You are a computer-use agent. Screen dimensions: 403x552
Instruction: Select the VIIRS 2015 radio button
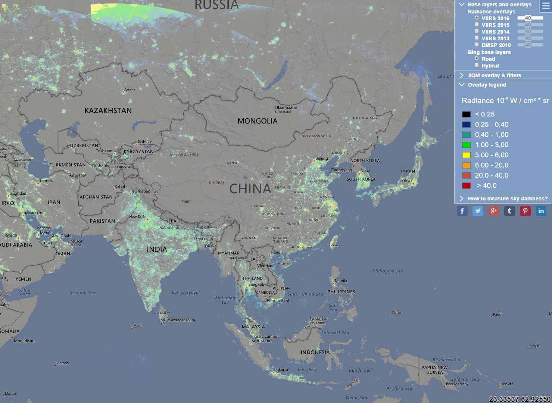(x=477, y=25)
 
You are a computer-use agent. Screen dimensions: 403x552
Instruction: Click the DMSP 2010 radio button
(x=477, y=45)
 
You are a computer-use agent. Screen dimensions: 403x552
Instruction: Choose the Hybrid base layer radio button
(x=477, y=65)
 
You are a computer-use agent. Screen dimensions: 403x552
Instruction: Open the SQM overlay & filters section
(x=494, y=75)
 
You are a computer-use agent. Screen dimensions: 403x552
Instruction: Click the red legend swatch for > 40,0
(x=466, y=185)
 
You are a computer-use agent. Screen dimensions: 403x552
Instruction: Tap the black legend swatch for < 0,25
(x=466, y=114)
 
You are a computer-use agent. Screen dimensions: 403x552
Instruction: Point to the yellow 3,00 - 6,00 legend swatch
(x=466, y=155)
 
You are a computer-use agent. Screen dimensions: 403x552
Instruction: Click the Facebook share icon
(x=462, y=211)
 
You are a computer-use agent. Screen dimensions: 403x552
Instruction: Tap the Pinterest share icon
(x=525, y=211)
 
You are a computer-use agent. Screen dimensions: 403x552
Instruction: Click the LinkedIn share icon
(x=541, y=211)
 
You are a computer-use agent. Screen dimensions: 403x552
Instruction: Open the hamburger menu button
(x=545, y=6)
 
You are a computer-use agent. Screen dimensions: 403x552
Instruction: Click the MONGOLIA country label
(x=258, y=121)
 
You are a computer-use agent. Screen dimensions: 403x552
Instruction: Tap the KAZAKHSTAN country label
(x=108, y=110)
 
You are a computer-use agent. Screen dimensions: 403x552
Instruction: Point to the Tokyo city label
(x=406, y=181)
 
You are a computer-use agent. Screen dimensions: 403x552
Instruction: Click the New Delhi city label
(x=138, y=216)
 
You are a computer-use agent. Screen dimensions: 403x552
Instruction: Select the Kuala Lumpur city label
(x=266, y=336)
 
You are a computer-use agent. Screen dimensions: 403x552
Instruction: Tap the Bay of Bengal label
(x=186, y=293)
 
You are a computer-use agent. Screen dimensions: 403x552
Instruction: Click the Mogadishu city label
(x=24, y=341)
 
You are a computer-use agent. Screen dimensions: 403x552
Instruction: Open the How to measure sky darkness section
(x=507, y=199)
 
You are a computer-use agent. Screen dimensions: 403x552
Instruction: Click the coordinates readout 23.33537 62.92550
(x=520, y=399)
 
